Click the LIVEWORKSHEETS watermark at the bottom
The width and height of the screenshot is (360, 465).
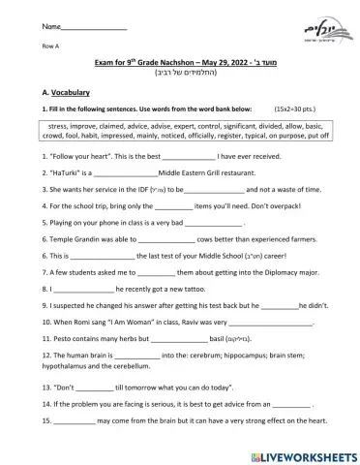point(300,453)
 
